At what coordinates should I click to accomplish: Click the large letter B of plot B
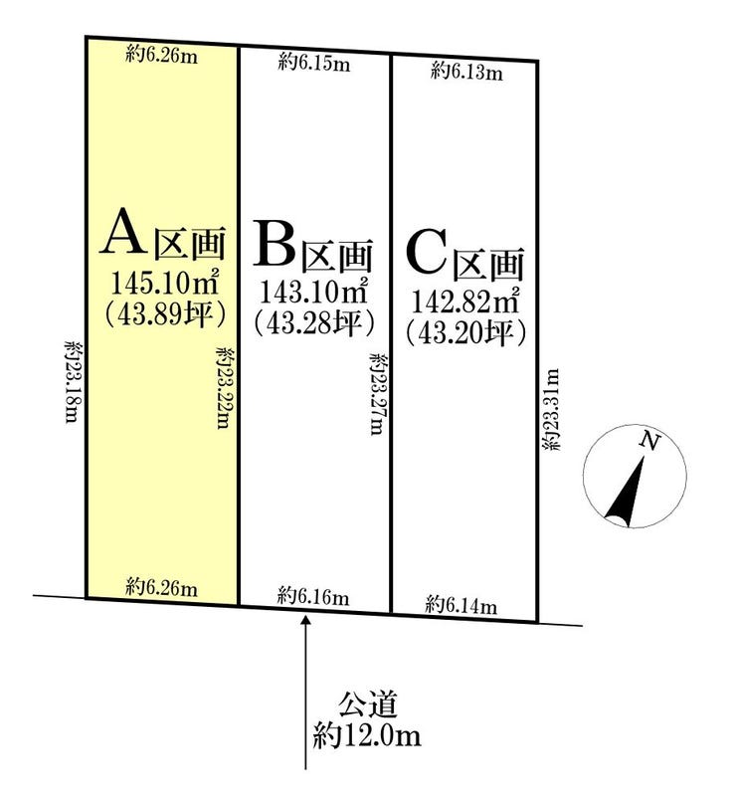coord(274,243)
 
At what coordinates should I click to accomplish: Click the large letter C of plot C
coord(426,253)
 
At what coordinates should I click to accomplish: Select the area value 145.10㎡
coord(165,283)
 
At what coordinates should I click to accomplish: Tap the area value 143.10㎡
coord(313,292)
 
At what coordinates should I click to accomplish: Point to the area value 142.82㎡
coord(464,301)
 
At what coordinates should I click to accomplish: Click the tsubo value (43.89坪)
coord(165,313)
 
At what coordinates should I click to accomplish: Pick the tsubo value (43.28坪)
coord(313,322)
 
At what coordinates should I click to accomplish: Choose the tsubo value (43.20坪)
coord(465,333)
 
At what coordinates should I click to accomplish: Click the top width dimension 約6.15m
coord(314,64)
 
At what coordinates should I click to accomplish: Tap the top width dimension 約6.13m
coord(466,72)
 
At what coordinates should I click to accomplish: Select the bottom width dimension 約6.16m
coord(313,597)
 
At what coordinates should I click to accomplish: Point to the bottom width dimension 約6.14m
coord(461,606)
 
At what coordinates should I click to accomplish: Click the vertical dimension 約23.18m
coord(73,381)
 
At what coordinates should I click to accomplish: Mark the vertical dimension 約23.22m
coord(223,388)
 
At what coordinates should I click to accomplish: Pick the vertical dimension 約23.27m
coord(377,394)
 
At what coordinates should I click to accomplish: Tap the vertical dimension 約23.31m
coord(550,410)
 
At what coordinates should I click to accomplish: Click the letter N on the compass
coord(649,441)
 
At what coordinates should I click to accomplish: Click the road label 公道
coord(367,705)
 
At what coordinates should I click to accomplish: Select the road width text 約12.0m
coord(367,735)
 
